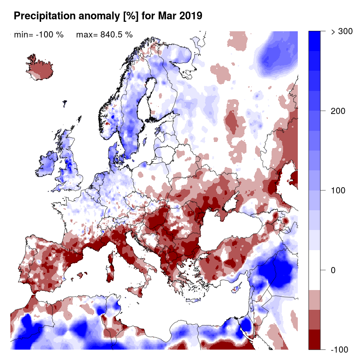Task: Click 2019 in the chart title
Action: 189,16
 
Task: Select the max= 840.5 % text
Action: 104,35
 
